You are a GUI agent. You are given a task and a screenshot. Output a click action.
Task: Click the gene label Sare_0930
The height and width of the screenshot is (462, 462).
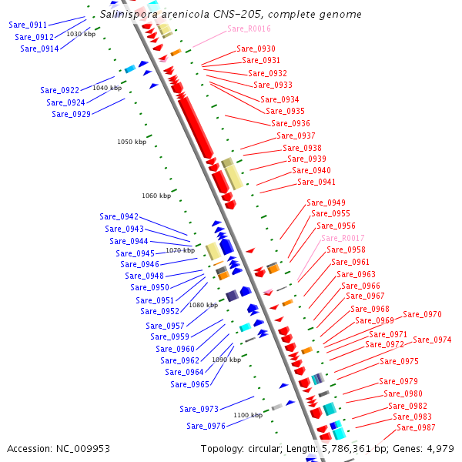pos(256,49)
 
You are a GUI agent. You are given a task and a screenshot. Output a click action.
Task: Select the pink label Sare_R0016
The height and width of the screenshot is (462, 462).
pos(249,28)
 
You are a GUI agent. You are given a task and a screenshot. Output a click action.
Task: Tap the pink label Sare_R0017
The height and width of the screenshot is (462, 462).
pos(343,238)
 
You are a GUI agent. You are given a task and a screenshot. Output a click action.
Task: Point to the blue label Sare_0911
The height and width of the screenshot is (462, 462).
pos(28,25)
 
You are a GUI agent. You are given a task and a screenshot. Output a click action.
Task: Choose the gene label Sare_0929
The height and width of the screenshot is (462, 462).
pos(71,114)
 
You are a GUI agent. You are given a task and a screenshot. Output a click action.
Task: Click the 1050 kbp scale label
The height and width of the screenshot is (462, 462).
pos(132,142)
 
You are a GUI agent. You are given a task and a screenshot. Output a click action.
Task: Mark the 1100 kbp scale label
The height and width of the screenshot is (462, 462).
pos(248,415)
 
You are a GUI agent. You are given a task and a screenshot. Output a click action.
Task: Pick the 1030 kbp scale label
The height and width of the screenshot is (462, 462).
pos(81,34)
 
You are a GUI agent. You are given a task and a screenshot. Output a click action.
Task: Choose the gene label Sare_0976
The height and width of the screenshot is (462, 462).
pos(206,426)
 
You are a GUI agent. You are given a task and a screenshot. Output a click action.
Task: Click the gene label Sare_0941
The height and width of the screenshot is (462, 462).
pos(316,182)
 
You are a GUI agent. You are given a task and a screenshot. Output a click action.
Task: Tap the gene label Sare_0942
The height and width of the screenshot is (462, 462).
pos(119,216)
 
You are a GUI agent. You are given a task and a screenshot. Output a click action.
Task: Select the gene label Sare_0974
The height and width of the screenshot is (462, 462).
pos(432,340)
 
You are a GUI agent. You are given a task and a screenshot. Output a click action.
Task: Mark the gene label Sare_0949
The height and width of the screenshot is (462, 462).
pos(326,203)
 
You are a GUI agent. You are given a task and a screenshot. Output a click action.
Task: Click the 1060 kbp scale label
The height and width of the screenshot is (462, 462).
pos(156,196)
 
